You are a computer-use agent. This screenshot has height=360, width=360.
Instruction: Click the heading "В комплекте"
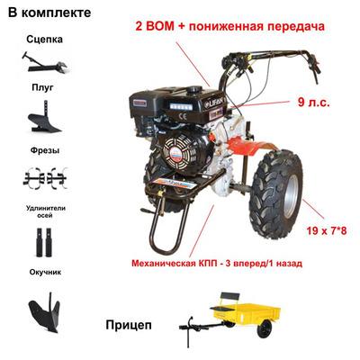pos(49,13)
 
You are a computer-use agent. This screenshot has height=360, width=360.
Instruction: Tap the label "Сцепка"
pos(44,40)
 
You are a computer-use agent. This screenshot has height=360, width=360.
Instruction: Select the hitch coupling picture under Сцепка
pos(45,62)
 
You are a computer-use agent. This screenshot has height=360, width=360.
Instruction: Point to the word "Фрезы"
pos(45,150)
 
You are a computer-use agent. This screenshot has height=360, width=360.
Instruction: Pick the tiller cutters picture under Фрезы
pos(45,178)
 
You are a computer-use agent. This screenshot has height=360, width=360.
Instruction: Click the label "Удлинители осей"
pos(46,211)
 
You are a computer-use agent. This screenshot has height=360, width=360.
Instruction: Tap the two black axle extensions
pos(44,242)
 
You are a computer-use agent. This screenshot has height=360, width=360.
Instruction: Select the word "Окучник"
pos(45,272)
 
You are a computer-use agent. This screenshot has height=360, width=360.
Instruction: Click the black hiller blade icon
pos(44,312)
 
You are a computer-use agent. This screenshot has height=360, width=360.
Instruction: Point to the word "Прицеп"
pos(129,325)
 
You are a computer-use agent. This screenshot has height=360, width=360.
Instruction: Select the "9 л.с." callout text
pos(314,103)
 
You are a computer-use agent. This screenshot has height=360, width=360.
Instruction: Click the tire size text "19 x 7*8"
pos(327,230)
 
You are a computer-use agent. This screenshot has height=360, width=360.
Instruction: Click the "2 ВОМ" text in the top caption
pos(155,26)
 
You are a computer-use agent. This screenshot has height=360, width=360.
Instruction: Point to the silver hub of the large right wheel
pos(291,196)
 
